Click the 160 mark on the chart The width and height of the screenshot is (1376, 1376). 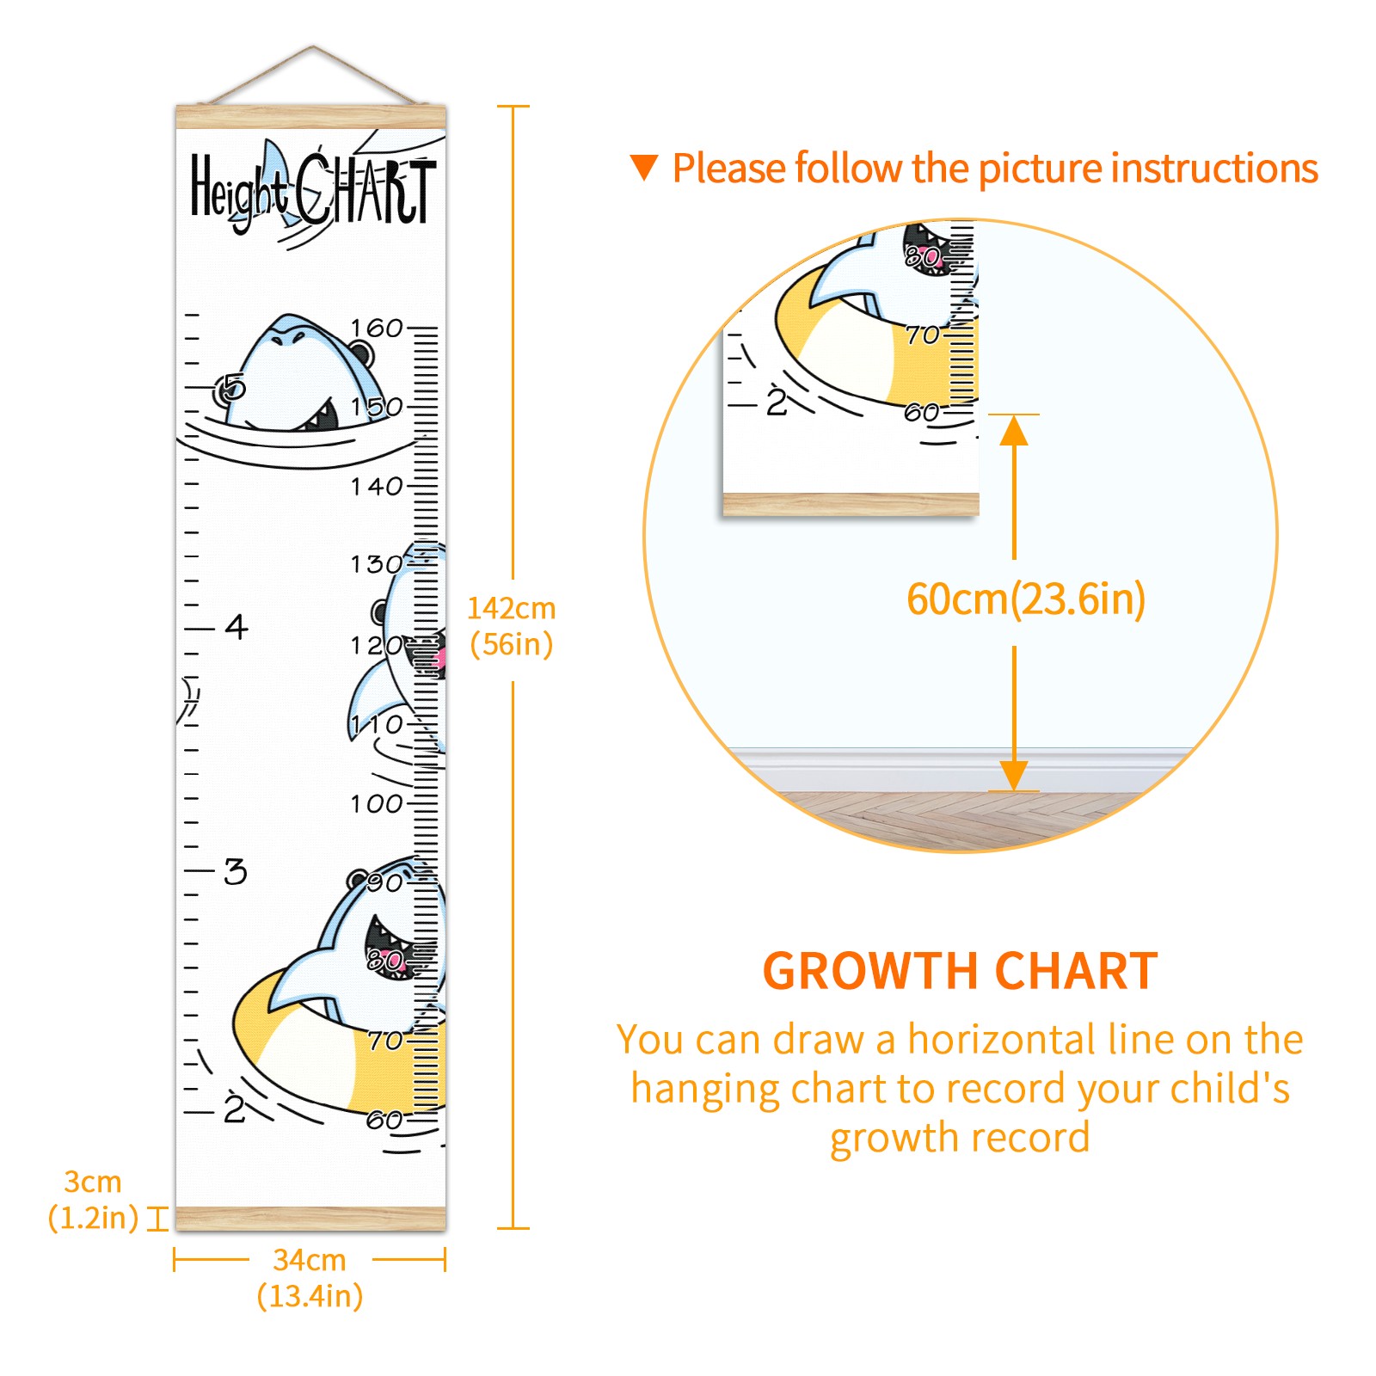pos(377,328)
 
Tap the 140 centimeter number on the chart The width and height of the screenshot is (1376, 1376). pos(377,487)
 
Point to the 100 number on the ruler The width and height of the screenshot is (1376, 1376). pos(377,804)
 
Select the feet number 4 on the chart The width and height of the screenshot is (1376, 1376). pos(236,626)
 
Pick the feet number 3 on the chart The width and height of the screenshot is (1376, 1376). pos(236,872)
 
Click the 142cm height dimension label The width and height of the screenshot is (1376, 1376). pos(512,626)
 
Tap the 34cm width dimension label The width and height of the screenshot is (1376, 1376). pos(310,1278)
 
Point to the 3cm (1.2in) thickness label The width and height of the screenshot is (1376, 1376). pos(93,1200)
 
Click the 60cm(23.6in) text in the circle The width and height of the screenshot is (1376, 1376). pos(1026,599)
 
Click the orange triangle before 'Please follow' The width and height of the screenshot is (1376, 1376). pos(644,168)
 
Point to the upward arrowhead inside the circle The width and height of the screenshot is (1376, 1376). pos(1014,430)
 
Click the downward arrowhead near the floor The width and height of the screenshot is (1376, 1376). pos(1014,775)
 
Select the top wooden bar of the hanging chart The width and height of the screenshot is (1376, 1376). pos(311,117)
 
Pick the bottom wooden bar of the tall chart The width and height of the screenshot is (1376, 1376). pos(311,1218)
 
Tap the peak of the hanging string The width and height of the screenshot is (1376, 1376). pos(312,46)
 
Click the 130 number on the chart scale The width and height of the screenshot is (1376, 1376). pos(377,565)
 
